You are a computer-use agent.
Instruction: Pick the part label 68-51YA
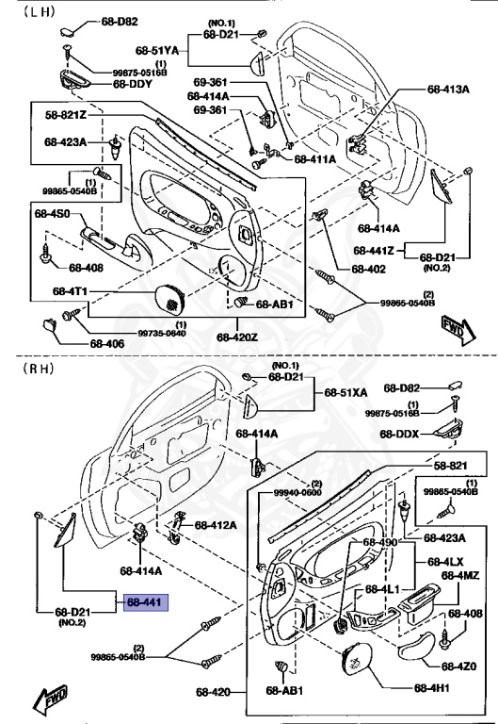[x=156, y=49]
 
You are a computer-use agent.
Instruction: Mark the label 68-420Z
[x=236, y=337]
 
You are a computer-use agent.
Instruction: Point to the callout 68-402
[x=369, y=269]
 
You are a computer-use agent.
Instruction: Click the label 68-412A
[x=216, y=524]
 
